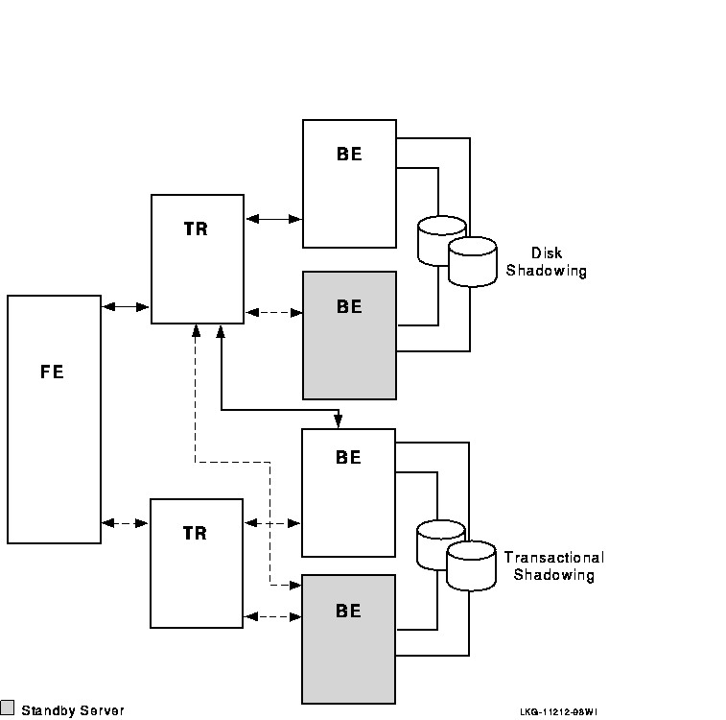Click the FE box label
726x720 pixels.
tap(53, 372)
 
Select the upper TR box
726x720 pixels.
tap(197, 259)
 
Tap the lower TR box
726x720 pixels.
tap(197, 563)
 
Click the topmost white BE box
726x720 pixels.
tap(349, 183)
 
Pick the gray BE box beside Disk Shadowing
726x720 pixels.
tap(349, 335)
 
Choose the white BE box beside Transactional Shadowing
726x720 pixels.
tap(348, 492)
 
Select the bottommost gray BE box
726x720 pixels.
tap(348, 637)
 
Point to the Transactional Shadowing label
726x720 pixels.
tap(553, 566)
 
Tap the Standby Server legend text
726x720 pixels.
tap(73, 710)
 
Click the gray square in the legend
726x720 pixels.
tap(8, 708)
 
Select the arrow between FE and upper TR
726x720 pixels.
tap(126, 307)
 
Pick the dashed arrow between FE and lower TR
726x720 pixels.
tap(126, 523)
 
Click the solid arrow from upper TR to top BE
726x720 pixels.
tap(273, 219)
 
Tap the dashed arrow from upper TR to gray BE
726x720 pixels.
tap(273, 312)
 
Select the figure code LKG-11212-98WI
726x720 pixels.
tap(558, 712)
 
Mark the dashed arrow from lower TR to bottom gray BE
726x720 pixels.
tap(273, 615)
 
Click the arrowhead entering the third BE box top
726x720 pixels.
tap(338, 423)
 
